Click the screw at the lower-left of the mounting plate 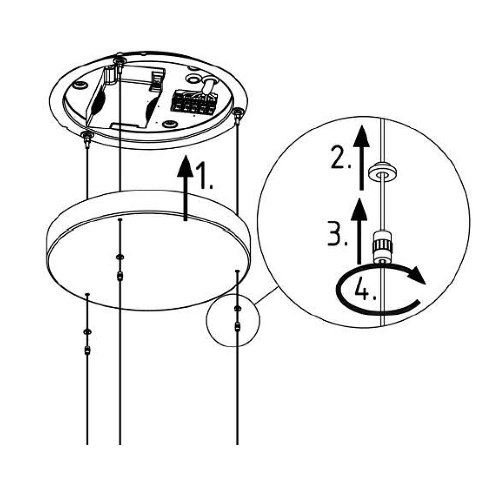87,137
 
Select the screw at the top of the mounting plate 119,61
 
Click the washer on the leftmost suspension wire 87,331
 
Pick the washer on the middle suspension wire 120,256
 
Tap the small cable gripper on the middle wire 120,277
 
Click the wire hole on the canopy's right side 237,271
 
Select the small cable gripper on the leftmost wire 87,349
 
